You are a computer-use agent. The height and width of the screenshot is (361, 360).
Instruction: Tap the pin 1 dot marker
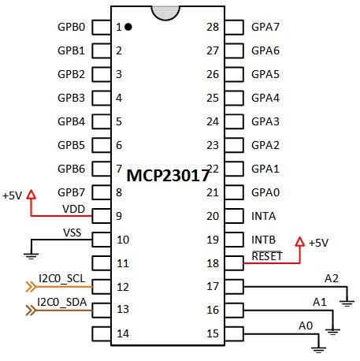click(x=128, y=27)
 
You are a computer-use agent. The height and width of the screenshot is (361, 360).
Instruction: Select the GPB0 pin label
click(x=71, y=28)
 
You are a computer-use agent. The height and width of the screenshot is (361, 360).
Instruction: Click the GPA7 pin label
click(x=265, y=28)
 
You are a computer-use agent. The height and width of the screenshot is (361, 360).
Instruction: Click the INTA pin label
click(x=264, y=215)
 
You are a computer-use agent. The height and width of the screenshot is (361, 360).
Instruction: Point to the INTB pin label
click(x=264, y=239)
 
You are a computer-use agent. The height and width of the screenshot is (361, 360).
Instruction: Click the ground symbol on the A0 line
click(x=317, y=344)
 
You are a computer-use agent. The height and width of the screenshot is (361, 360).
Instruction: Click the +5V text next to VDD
click(x=13, y=195)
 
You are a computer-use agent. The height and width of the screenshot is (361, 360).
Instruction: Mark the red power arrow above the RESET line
click(x=299, y=241)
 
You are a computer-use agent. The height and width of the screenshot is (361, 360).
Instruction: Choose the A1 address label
click(x=319, y=301)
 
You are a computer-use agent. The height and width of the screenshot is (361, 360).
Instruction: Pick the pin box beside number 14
click(x=101, y=334)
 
